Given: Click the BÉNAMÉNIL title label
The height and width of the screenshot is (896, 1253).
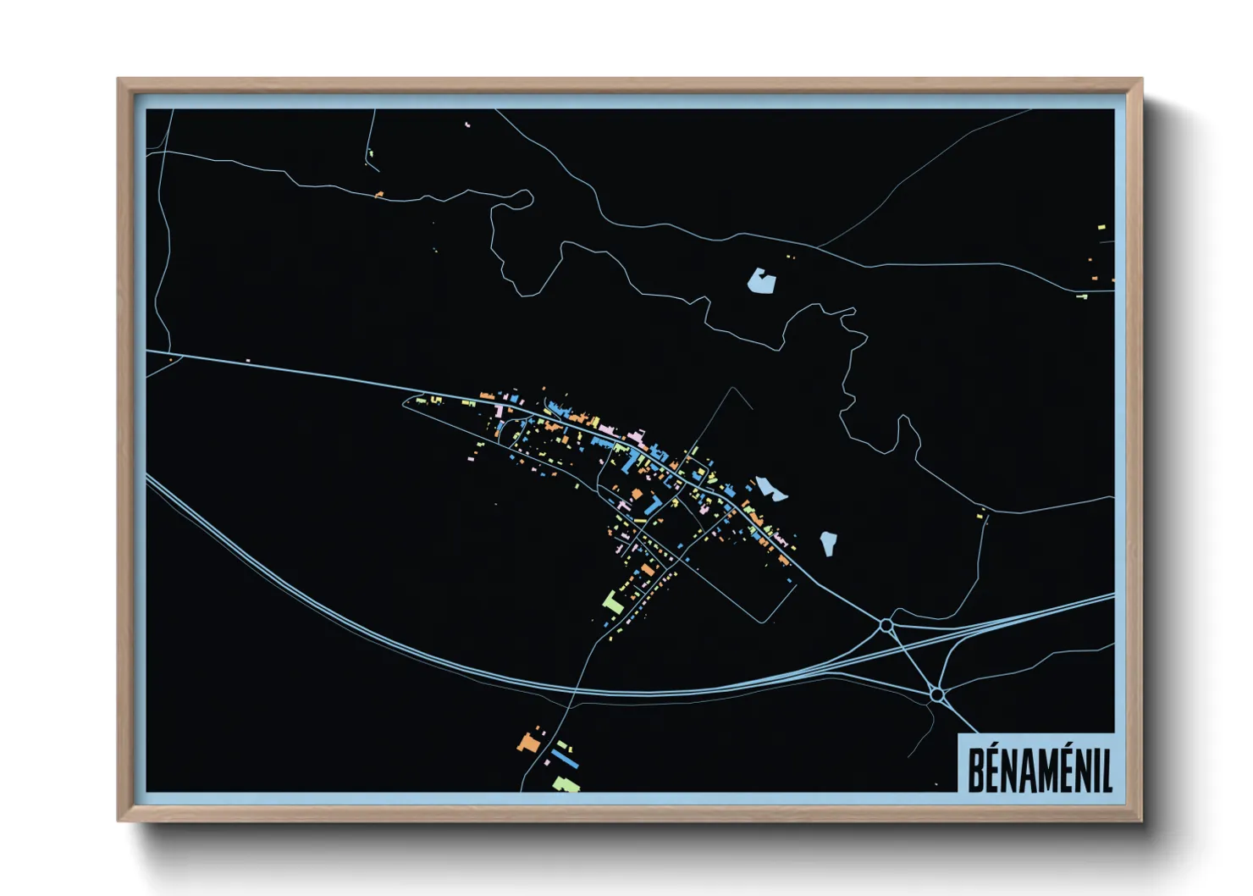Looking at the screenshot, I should pos(1039,769).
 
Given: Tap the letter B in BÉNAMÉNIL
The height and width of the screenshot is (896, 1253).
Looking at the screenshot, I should pos(975,769).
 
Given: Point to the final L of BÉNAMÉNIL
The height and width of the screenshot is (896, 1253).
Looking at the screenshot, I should pos(1106,769).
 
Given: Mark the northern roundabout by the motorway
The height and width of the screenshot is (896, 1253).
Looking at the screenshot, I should pos(886,625).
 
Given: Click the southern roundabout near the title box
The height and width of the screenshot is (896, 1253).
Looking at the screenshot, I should pos(936,694).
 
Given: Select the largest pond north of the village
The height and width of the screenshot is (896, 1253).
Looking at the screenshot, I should pos(761,281).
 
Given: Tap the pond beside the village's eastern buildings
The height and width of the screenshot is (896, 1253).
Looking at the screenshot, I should pos(770,489).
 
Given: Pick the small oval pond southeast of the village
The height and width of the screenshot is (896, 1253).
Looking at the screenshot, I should pos(828,543).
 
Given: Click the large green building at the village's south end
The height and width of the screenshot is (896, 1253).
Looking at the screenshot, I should pos(612,602).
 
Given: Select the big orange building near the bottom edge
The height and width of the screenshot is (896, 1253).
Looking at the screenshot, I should pos(529,743).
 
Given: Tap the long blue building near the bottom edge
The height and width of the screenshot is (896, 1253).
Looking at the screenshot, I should pos(565,757).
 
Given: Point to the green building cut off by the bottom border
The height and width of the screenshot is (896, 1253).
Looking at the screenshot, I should pos(566,785).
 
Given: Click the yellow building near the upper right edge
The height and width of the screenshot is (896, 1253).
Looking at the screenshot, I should pos(1101,227).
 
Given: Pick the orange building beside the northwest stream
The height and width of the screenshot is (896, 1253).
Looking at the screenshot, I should pos(379,195).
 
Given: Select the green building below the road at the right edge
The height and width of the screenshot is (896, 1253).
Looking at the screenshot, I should pos(1081,296).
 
